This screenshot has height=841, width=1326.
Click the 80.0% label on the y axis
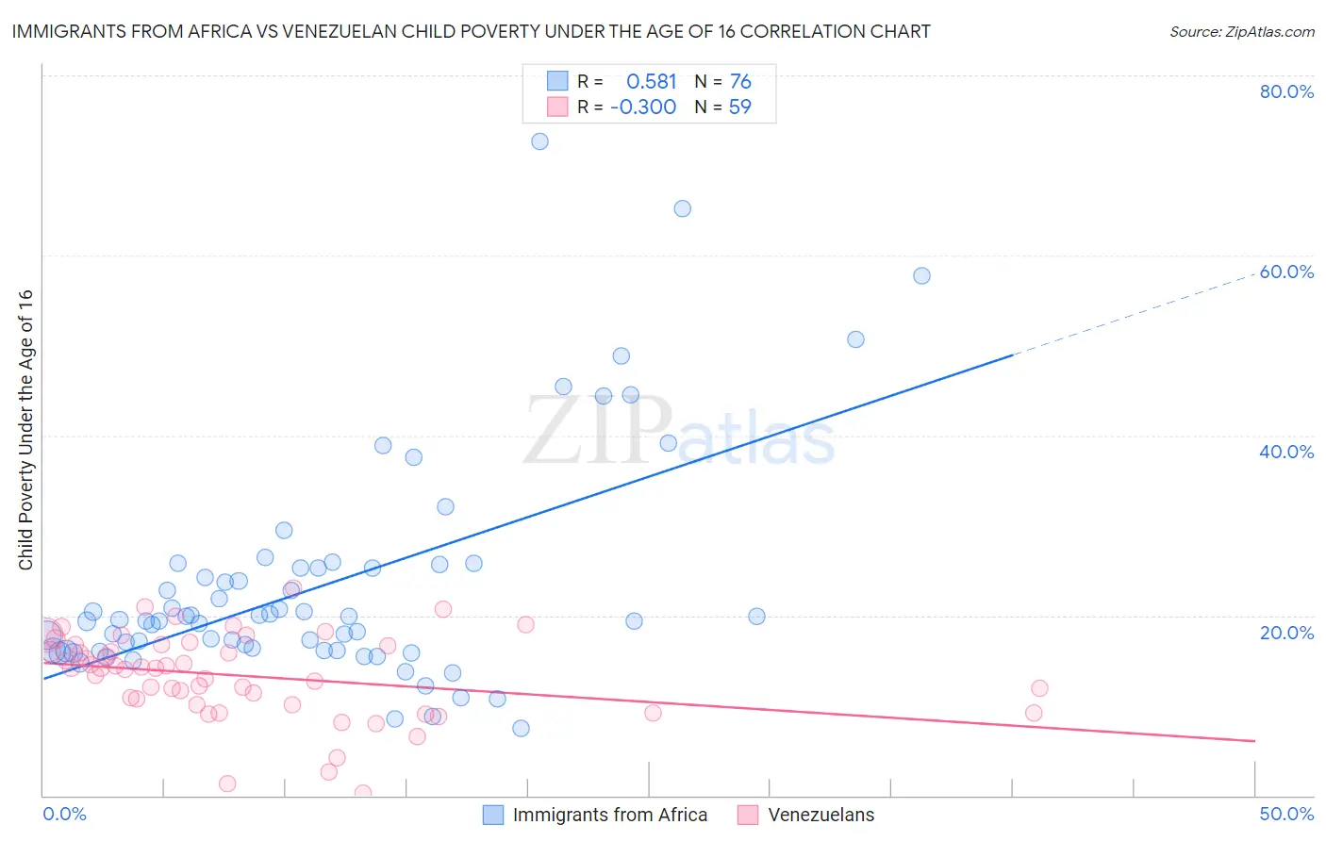coord(1286,91)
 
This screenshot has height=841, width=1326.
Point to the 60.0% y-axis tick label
coord(1286,272)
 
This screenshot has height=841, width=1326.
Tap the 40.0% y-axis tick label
coord(1286,452)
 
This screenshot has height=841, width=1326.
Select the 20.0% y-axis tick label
coord(1286,632)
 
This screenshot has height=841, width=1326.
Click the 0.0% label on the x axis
coord(64,814)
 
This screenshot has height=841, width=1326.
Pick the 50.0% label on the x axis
coord(1286,814)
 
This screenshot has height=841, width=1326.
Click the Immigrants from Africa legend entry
coord(609,815)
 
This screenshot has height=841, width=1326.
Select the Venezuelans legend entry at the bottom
coord(820,815)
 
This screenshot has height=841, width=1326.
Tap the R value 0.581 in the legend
coord(652,82)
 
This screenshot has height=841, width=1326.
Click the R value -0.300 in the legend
coord(643,107)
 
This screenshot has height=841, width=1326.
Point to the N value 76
coord(740,82)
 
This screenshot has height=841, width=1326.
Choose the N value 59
coord(739,107)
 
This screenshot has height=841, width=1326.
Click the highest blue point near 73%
coord(539,141)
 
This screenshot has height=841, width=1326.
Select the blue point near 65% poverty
coord(682,208)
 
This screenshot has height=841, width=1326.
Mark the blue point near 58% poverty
coord(921,275)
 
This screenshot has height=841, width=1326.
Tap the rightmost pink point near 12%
coord(1039,688)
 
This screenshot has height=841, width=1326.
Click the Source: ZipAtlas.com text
coord(1241,32)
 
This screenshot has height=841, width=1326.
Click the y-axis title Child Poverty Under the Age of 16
coord(26,429)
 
